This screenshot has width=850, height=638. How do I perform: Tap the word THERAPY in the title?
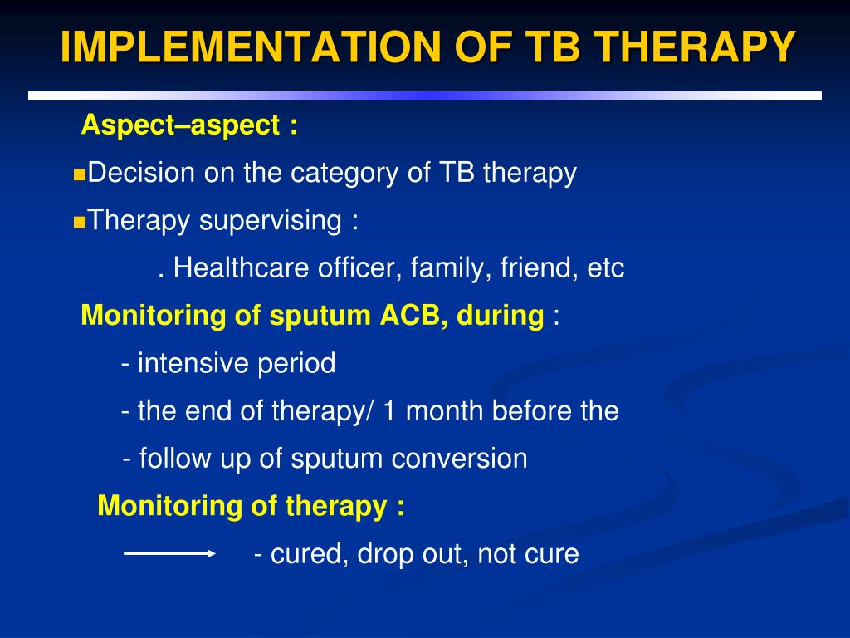(x=695, y=47)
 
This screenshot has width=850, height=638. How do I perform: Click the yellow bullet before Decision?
(x=79, y=174)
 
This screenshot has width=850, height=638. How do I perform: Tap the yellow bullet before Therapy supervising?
(x=79, y=223)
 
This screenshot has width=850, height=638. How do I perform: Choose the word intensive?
(x=193, y=363)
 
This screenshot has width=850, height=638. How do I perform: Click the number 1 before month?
(x=388, y=410)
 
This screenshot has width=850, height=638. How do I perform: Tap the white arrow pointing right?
(x=169, y=553)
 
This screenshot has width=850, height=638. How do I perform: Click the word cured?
(x=309, y=554)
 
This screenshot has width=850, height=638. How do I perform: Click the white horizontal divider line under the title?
(x=425, y=96)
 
